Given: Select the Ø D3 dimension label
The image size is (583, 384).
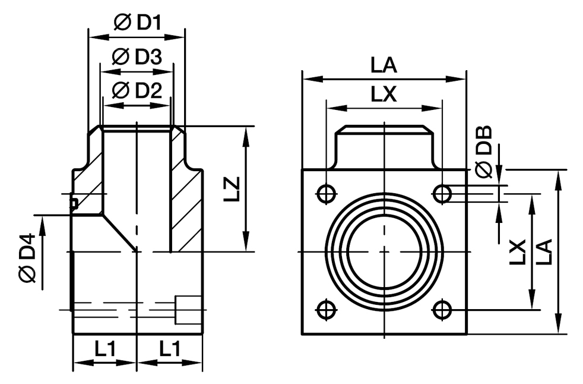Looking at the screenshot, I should (x=137, y=57).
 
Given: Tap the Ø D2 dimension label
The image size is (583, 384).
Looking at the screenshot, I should (x=137, y=90).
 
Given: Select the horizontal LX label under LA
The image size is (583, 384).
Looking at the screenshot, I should (x=384, y=94).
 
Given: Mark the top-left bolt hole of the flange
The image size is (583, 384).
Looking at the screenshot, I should (x=326, y=193).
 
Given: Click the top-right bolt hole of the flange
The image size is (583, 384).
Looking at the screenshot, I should (x=442, y=193).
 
